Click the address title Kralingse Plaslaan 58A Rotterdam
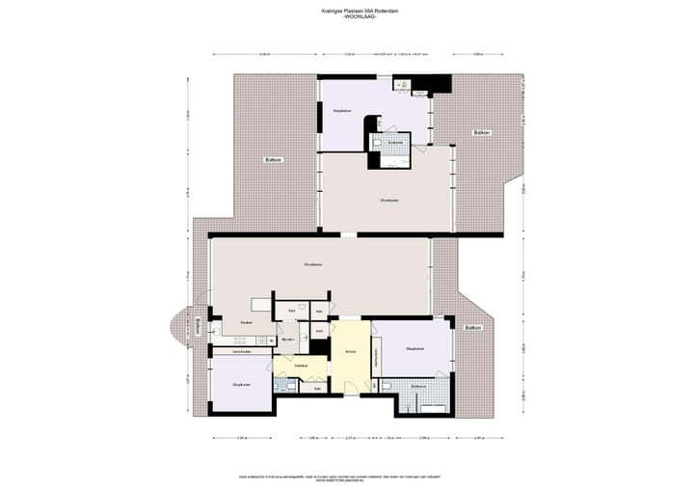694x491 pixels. pos(346,12)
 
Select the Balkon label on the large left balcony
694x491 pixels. pos(274,159)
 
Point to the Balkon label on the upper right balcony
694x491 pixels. pos(480,131)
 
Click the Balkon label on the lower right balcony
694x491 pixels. pos(471,329)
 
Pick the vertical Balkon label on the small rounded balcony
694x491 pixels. pos(198,326)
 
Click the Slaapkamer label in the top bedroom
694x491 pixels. pos(341,112)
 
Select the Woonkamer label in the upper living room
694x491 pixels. pos(389,201)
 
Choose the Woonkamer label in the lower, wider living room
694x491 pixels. pos(311,263)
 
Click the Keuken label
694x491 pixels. pos(247,323)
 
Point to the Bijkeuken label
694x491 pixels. pos(286,340)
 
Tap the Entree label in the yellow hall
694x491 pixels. pos(351,352)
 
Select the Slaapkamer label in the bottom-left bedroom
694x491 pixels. pos(241,385)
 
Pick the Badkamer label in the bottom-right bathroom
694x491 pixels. pos(418,386)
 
